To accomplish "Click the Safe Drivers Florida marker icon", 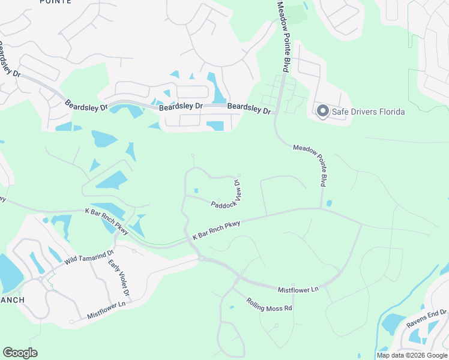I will [322, 111].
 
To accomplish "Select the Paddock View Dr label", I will [226, 195].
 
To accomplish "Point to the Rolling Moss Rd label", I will [270, 304].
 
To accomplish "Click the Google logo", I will [20, 353].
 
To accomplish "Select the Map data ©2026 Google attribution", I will [412, 355].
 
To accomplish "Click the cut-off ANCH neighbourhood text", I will [12, 300].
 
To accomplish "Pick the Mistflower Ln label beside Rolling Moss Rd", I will [298, 290].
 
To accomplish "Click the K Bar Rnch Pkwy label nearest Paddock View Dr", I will [216, 230].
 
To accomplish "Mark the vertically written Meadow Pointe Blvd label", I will [283, 36].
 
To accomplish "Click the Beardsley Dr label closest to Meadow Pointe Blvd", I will [250, 108].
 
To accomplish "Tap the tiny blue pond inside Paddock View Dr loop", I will [196, 191].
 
